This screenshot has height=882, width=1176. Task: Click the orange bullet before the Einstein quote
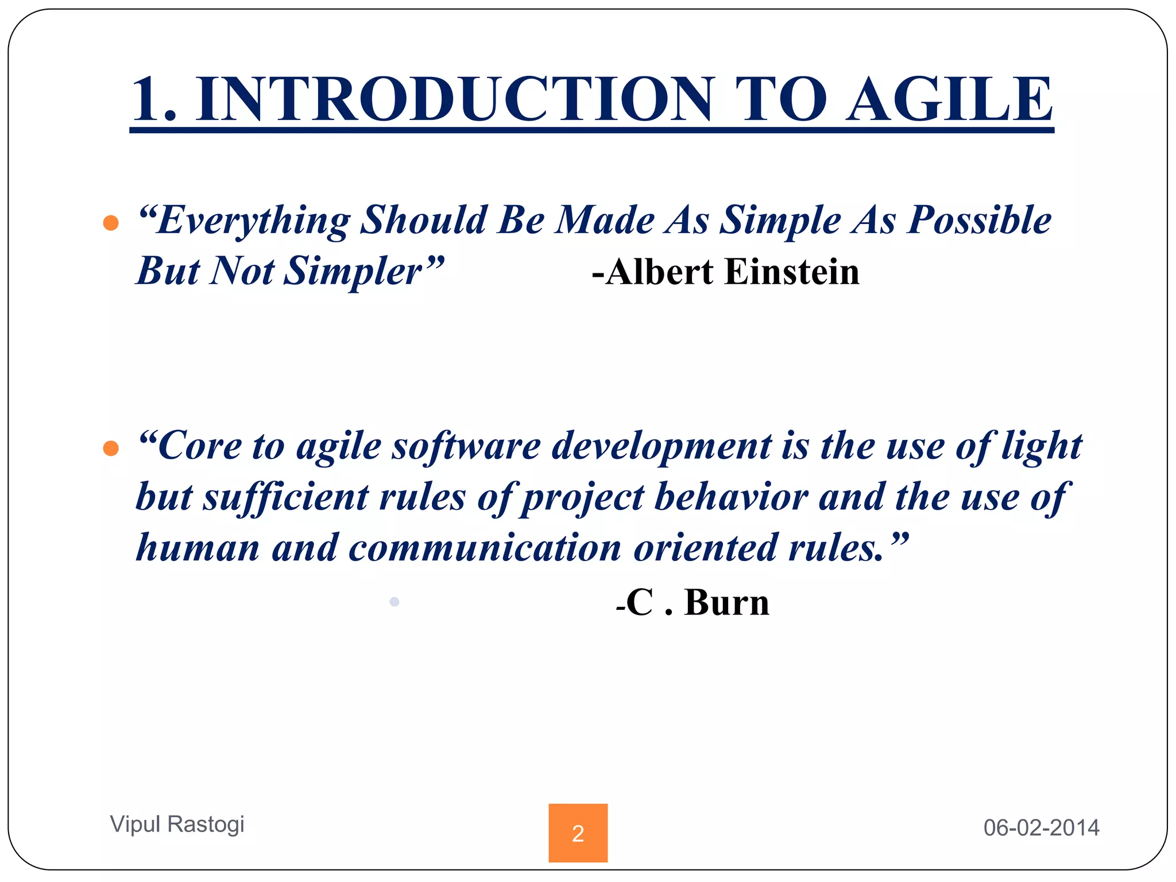pyautogui.click(x=111, y=223)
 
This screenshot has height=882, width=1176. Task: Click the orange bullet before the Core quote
pyautogui.click(x=111, y=448)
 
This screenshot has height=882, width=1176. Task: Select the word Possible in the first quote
pyautogui.click(x=979, y=221)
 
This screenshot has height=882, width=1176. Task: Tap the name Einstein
pyautogui.click(x=792, y=272)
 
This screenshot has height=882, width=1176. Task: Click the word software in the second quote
pyautogui.click(x=466, y=447)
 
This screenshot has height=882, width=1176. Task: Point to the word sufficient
pyautogui.click(x=285, y=497)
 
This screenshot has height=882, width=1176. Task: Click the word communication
pyautogui.click(x=485, y=548)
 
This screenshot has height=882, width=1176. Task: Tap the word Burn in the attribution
pyautogui.click(x=726, y=603)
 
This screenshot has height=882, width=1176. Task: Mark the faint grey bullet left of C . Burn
pyautogui.click(x=394, y=602)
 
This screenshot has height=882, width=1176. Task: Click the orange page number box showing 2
pyautogui.click(x=578, y=833)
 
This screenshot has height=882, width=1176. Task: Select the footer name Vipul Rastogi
pyautogui.click(x=177, y=825)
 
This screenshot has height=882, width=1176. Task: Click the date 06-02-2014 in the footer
pyautogui.click(x=1041, y=828)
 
